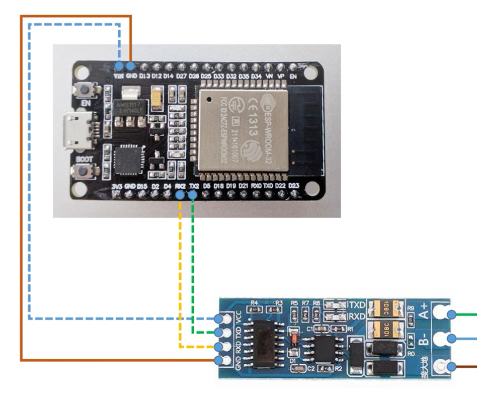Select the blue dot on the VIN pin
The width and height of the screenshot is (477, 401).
(x=119, y=66)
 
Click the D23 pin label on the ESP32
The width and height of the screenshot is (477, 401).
(x=294, y=186)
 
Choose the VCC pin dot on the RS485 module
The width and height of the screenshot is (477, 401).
(x=218, y=318)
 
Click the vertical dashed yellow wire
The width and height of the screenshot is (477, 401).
(x=180, y=272)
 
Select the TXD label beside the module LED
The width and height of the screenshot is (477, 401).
(x=358, y=305)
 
